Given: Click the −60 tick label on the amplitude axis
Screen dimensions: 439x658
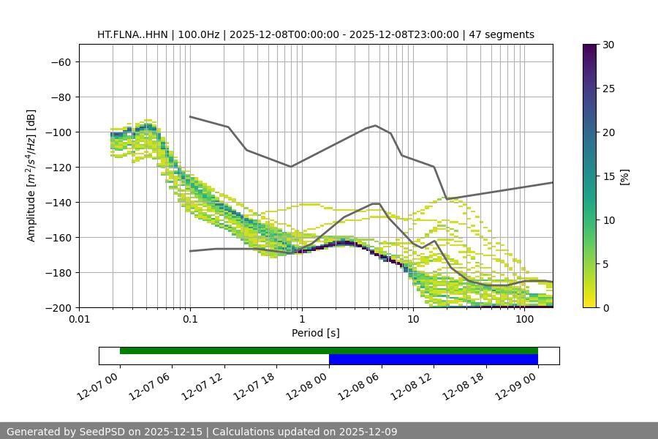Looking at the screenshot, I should pyautogui.click(x=60, y=61).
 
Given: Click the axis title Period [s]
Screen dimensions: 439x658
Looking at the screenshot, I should pyautogui.click(x=315, y=333).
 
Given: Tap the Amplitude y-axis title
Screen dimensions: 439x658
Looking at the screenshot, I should pyautogui.click(x=31, y=176).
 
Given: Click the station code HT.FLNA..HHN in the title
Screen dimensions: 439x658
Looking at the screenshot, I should pyautogui.click(x=132, y=34).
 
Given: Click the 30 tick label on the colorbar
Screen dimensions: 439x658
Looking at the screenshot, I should pyautogui.click(x=608, y=45).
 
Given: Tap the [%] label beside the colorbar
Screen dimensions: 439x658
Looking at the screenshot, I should pyautogui.click(x=624, y=176).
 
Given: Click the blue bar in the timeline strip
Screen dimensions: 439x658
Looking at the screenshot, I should pyautogui.click(x=433, y=359).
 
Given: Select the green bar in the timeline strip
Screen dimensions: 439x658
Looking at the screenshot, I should pyautogui.click(x=329, y=350).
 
